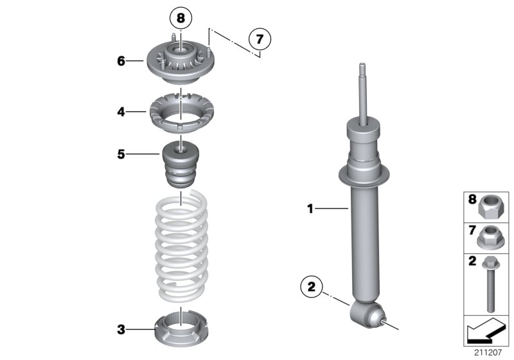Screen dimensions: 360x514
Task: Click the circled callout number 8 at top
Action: tap(181, 18)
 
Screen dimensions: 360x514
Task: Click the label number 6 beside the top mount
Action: tap(121, 62)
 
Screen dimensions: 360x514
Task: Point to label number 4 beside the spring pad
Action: tap(121, 112)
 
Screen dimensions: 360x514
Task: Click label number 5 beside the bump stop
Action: tap(121, 154)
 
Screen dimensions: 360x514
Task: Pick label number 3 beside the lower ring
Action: tap(121, 330)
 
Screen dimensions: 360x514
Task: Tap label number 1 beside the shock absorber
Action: tap(310, 208)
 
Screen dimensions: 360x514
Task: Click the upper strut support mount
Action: tap(180, 64)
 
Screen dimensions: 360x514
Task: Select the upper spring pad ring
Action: tap(181, 113)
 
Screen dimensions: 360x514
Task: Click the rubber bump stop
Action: tap(181, 166)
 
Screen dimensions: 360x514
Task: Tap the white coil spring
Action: tap(181, 248)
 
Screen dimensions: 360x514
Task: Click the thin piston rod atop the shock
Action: tap(364, 93)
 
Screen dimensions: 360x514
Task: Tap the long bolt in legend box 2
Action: tap(492, 283)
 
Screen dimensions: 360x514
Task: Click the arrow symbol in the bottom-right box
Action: tap(485, 332)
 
